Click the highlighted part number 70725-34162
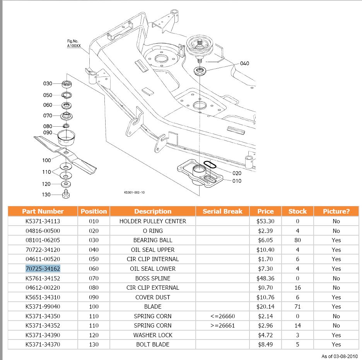[43, 268]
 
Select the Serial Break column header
[222, 211]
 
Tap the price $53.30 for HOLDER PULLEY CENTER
[265, 221]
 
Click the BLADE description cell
[153, 306]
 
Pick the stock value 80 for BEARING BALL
[297, 240]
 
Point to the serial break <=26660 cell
[222, 316]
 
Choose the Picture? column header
[336, 211]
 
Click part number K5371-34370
[43, 344]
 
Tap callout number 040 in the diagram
[244, 63]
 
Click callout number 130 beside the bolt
[46, 195]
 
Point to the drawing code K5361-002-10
[134, 192]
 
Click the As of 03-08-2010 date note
[340, 356]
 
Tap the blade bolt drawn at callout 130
[66, 194]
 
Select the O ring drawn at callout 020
[209, 165]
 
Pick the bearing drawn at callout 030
[67, 84]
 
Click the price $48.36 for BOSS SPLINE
[265, 278]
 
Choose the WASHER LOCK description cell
[153, 335]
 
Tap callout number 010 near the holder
[237, 181]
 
